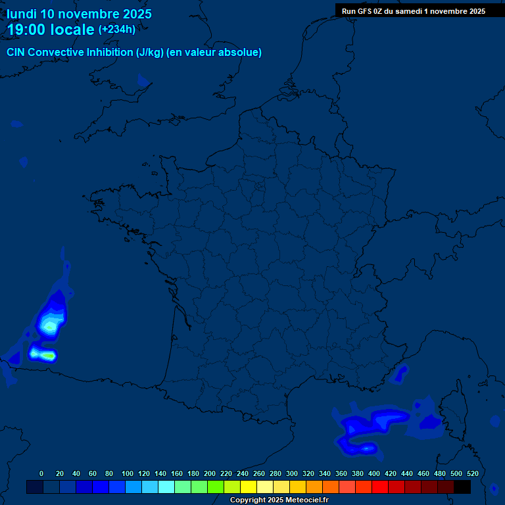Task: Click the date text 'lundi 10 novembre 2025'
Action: [79, 14]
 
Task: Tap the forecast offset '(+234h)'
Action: [117, 29]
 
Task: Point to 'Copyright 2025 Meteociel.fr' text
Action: [279, 500]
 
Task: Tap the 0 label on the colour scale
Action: [41, 473]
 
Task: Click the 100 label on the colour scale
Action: [128, 473]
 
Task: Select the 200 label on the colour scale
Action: [210, 473]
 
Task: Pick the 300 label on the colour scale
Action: [292, 473]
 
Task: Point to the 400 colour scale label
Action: [374, 473]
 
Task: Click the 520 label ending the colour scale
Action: [471, 473]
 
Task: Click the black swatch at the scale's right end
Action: [462, 487]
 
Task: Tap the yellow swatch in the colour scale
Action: [249, 487]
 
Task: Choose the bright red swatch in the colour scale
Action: [380, 487]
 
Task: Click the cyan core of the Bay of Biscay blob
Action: [48, 325]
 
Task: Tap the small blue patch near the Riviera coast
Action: [398, 374]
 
